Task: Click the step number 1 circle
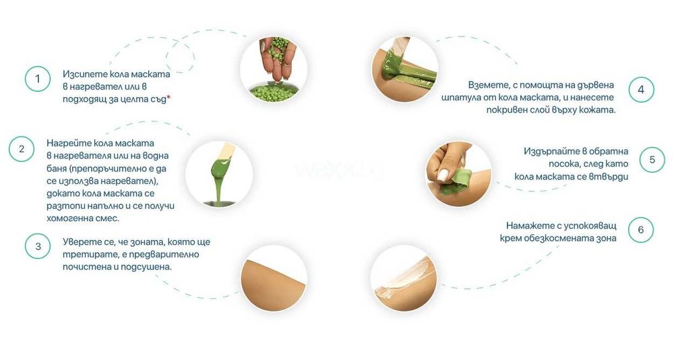click(x=38, y=79)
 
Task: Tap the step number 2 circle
click(x=22, y=149)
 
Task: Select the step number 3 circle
click(x=38, y=247)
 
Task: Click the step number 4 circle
click(x=641, y=90)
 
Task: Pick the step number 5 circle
click(x=652, y=160)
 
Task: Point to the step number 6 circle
click(x=640, y=230)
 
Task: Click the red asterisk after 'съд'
click(x=168, y=97)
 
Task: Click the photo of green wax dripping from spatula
click(x=219, y=174)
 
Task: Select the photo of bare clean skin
click(x=274, y=278)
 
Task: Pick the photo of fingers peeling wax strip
click(x=458, y=174)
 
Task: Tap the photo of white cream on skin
click(x=404, y=278)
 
